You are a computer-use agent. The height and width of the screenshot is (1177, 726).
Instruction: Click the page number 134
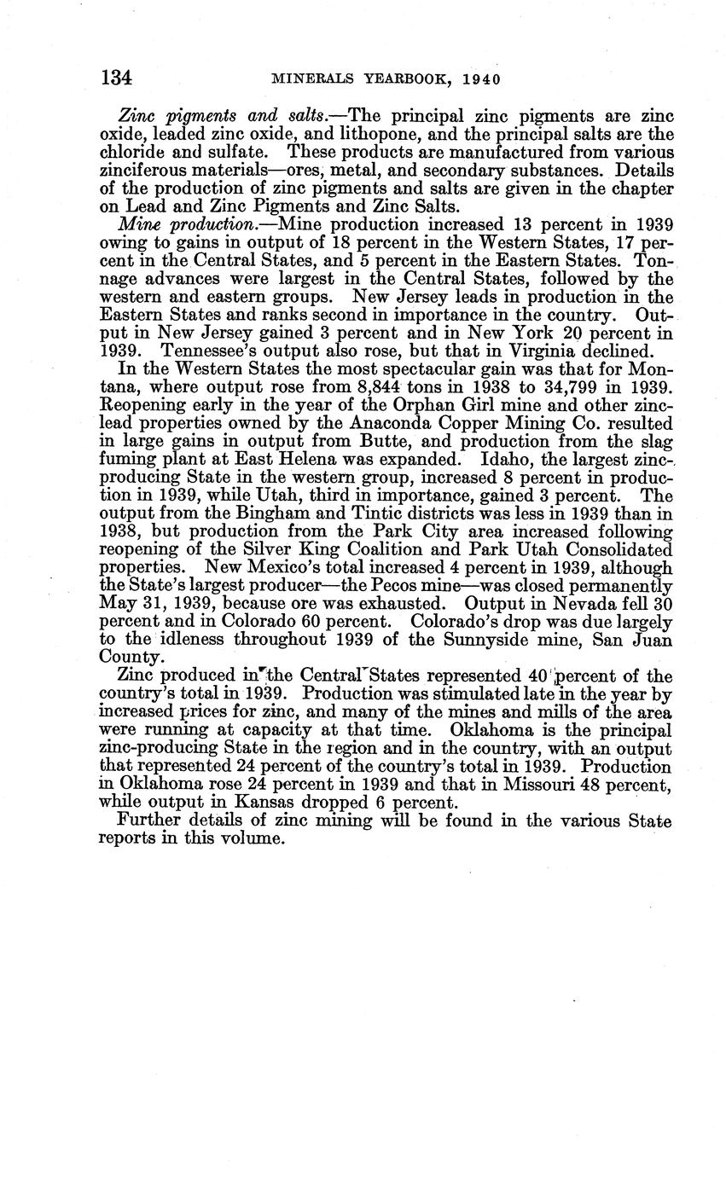click(x=116, y=78)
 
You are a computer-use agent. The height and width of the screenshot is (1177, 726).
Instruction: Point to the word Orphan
click(x=409, y=404)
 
